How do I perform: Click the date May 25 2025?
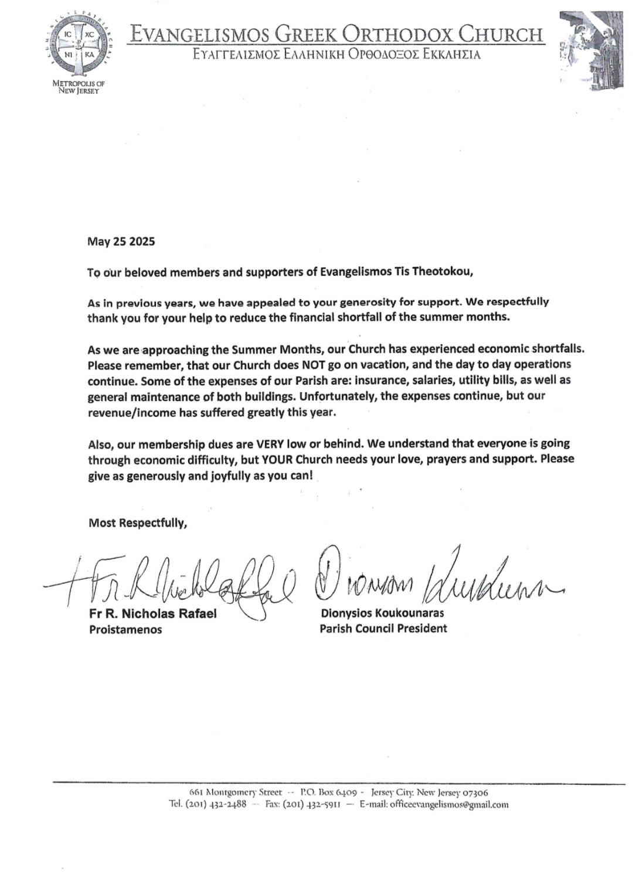(121, 241)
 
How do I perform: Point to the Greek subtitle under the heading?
(337, 55)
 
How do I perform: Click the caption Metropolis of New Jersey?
(79, 87)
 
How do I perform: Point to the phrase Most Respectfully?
(138, 522)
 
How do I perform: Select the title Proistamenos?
(125, 630)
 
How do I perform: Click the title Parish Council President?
(383, 629)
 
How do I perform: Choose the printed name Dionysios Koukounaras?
(382, 613)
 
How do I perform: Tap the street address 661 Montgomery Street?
(236, 792)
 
